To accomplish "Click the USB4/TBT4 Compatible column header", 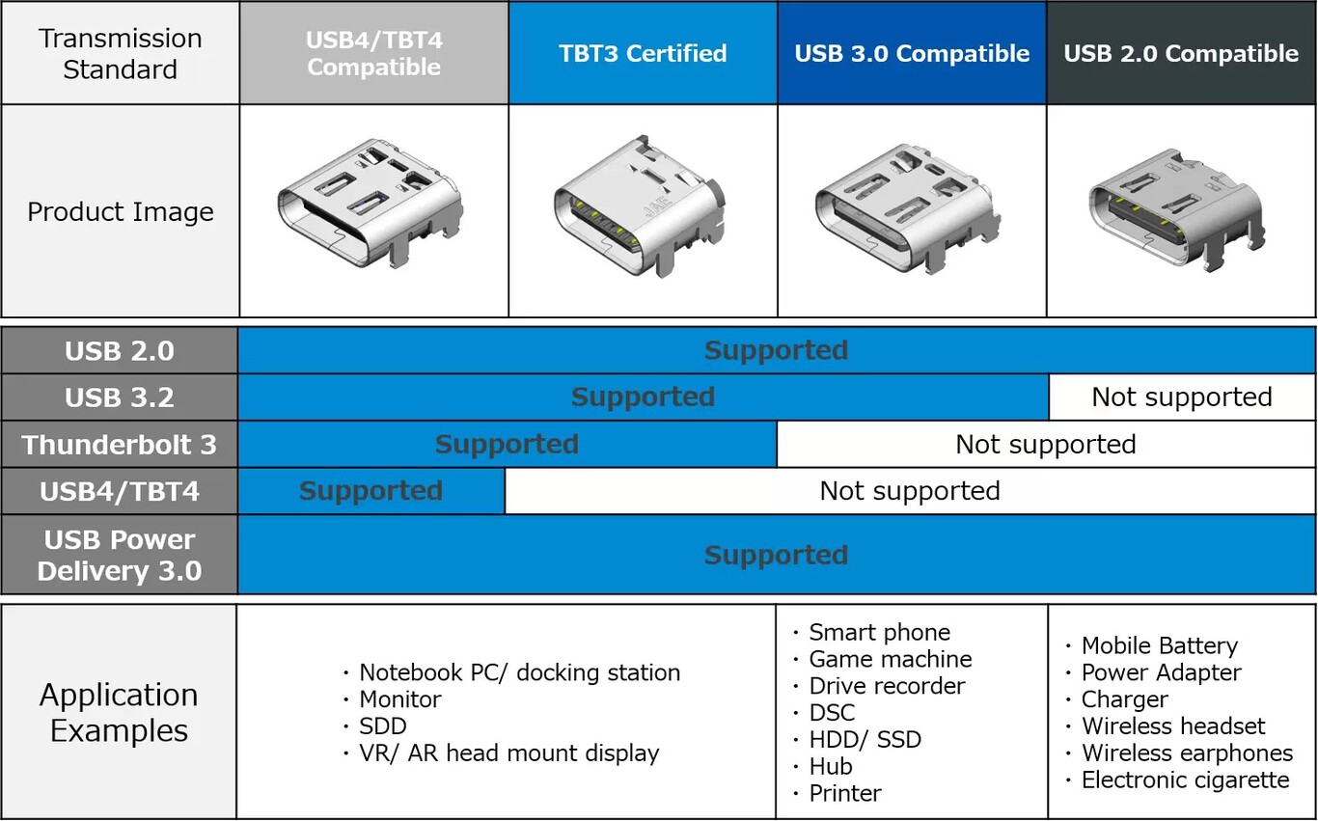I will click(373, 53).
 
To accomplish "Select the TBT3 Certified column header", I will click(643, 53).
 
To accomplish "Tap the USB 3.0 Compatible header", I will click(912, 53).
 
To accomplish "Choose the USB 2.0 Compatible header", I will click(1181, 53).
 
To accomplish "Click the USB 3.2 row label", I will click(120, 397).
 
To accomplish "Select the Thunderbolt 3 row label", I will click(120, 445).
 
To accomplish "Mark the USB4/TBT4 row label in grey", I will click(120, 492).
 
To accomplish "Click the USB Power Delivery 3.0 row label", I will click(120, 555).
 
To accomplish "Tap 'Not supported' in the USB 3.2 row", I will click(1181, 397).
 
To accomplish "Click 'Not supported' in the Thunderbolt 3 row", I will click(1045, 445).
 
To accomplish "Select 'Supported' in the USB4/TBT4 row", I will click(371, 491).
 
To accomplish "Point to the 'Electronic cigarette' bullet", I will click(1184, 780).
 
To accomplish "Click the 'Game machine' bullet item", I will click(890, 659).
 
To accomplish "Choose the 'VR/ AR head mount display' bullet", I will click(508, 753).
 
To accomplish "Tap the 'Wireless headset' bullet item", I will click(1172, 726).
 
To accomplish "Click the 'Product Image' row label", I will click(120, 211).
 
